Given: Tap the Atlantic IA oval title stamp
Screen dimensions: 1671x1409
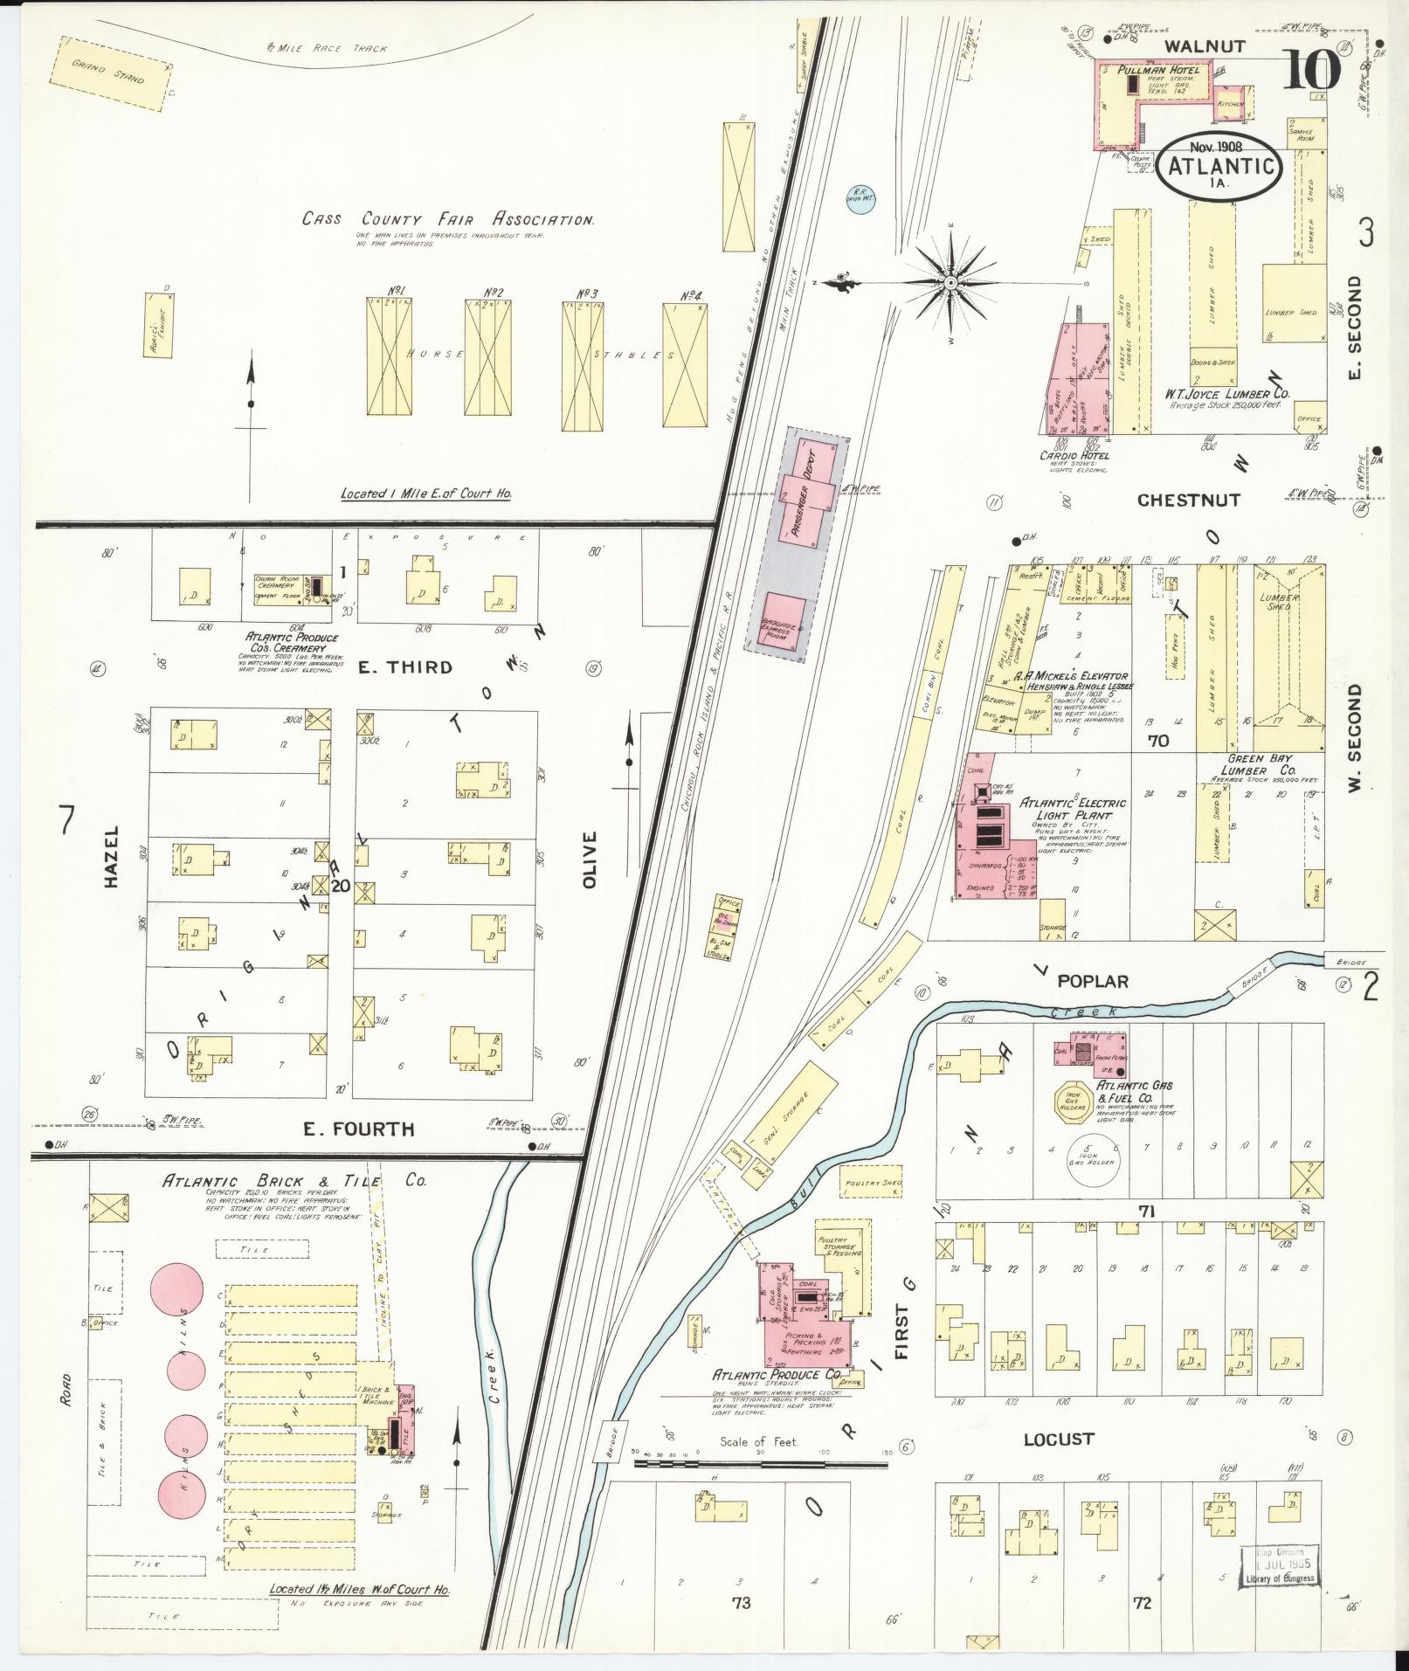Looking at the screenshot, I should pyautogui.click(x=1221, y=167).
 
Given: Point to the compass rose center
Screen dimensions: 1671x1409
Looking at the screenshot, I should pyautogui.click(x=950, y=283).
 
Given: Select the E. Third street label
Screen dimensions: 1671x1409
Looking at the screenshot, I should pyautogui.click(x=405, y=667).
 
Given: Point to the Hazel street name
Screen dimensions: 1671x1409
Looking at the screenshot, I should pyautogui.click(x=111, y=858).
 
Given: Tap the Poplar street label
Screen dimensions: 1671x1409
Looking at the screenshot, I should pyautogui.click(x=1093, y=981).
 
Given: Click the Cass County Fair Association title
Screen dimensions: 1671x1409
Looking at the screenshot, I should pyautogui.click(x=448, y=219).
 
